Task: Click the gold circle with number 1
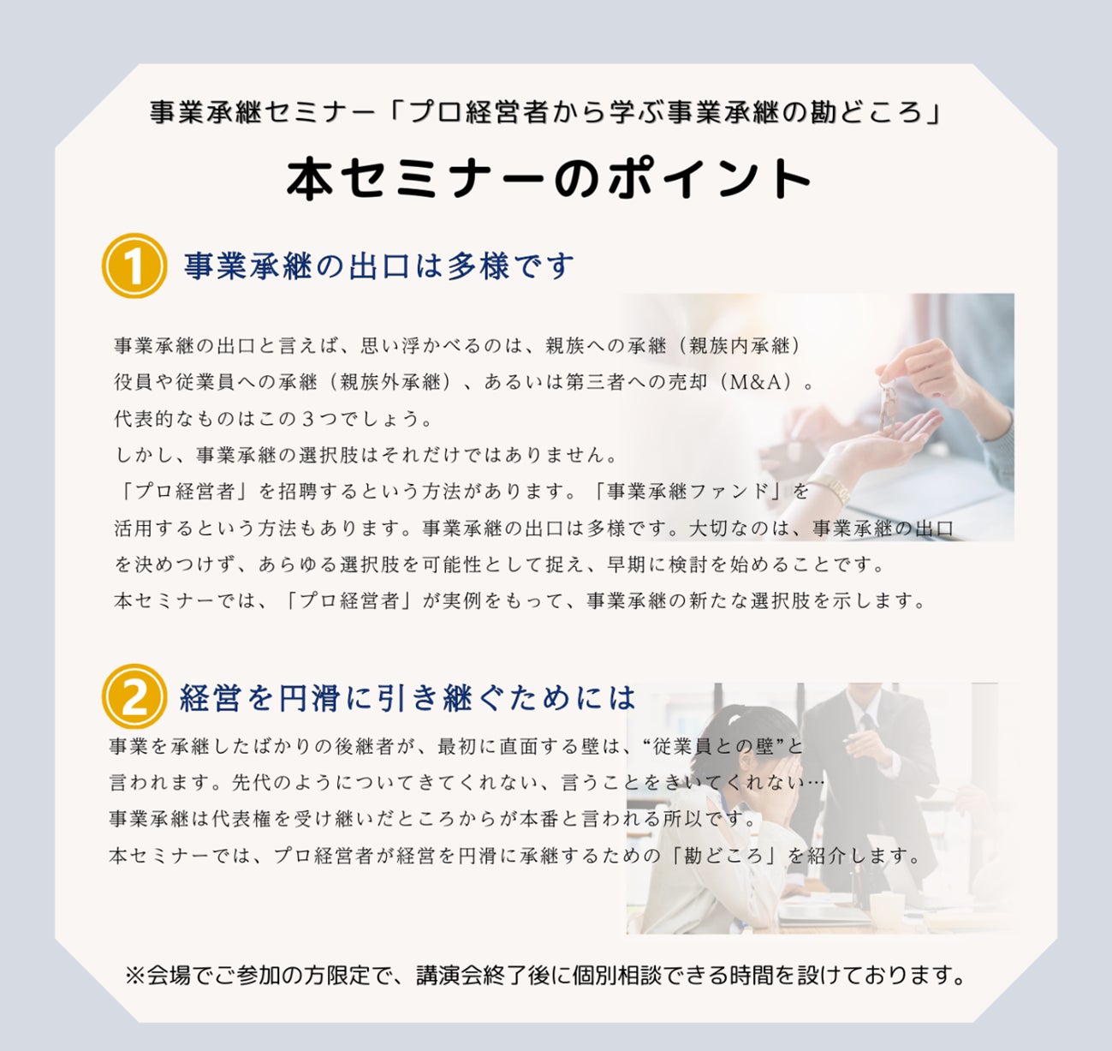pos(134,266)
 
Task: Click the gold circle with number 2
pos(134,696)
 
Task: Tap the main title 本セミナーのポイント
pos(550,179)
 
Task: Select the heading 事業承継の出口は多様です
pos(379,266)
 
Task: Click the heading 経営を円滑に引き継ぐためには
pos(408,698)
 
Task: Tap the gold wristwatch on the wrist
pos(835,487)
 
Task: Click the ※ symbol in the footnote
pos(135,976)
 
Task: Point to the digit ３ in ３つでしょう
pos(307,419)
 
